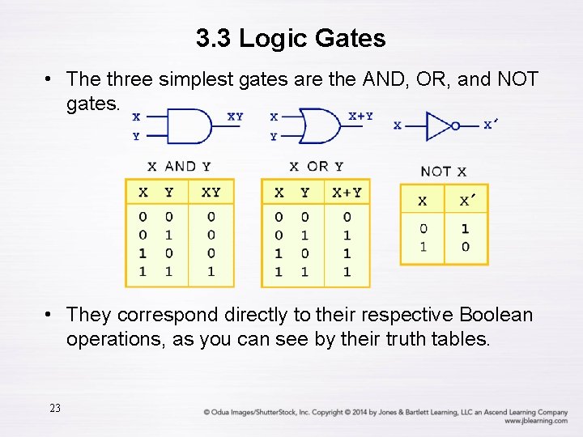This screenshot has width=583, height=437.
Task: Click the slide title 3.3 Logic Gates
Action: [x=291, y=37]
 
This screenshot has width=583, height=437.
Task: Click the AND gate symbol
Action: [x=191, y=126]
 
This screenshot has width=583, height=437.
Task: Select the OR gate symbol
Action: [x=321, y=125]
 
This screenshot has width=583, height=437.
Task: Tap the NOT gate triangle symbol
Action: [x=439, y=125]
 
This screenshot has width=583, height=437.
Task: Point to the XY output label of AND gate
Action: [x=235, y=117]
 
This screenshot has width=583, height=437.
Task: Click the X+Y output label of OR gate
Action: [x=360, y=116]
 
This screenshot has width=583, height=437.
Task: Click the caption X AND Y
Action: [x=179, y=166]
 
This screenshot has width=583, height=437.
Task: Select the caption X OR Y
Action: [x=316, y=166]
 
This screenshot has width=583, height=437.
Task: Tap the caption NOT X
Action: [x=443, y=172]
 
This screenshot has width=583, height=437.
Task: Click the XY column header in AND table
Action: [x=211, y=193]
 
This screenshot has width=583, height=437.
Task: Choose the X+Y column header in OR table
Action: [x=347, y=193]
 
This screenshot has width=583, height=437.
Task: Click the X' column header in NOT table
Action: [x=466, y=200]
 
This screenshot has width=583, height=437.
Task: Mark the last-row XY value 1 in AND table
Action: [x=211, y=272]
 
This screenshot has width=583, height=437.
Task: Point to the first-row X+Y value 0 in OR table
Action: [x=347, y=217]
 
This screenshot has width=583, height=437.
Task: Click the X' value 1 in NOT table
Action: [x=466, y=229]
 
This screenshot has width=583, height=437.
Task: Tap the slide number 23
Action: [x=55, y=408]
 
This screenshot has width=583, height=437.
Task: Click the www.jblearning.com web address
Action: [x=535, y=421]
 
